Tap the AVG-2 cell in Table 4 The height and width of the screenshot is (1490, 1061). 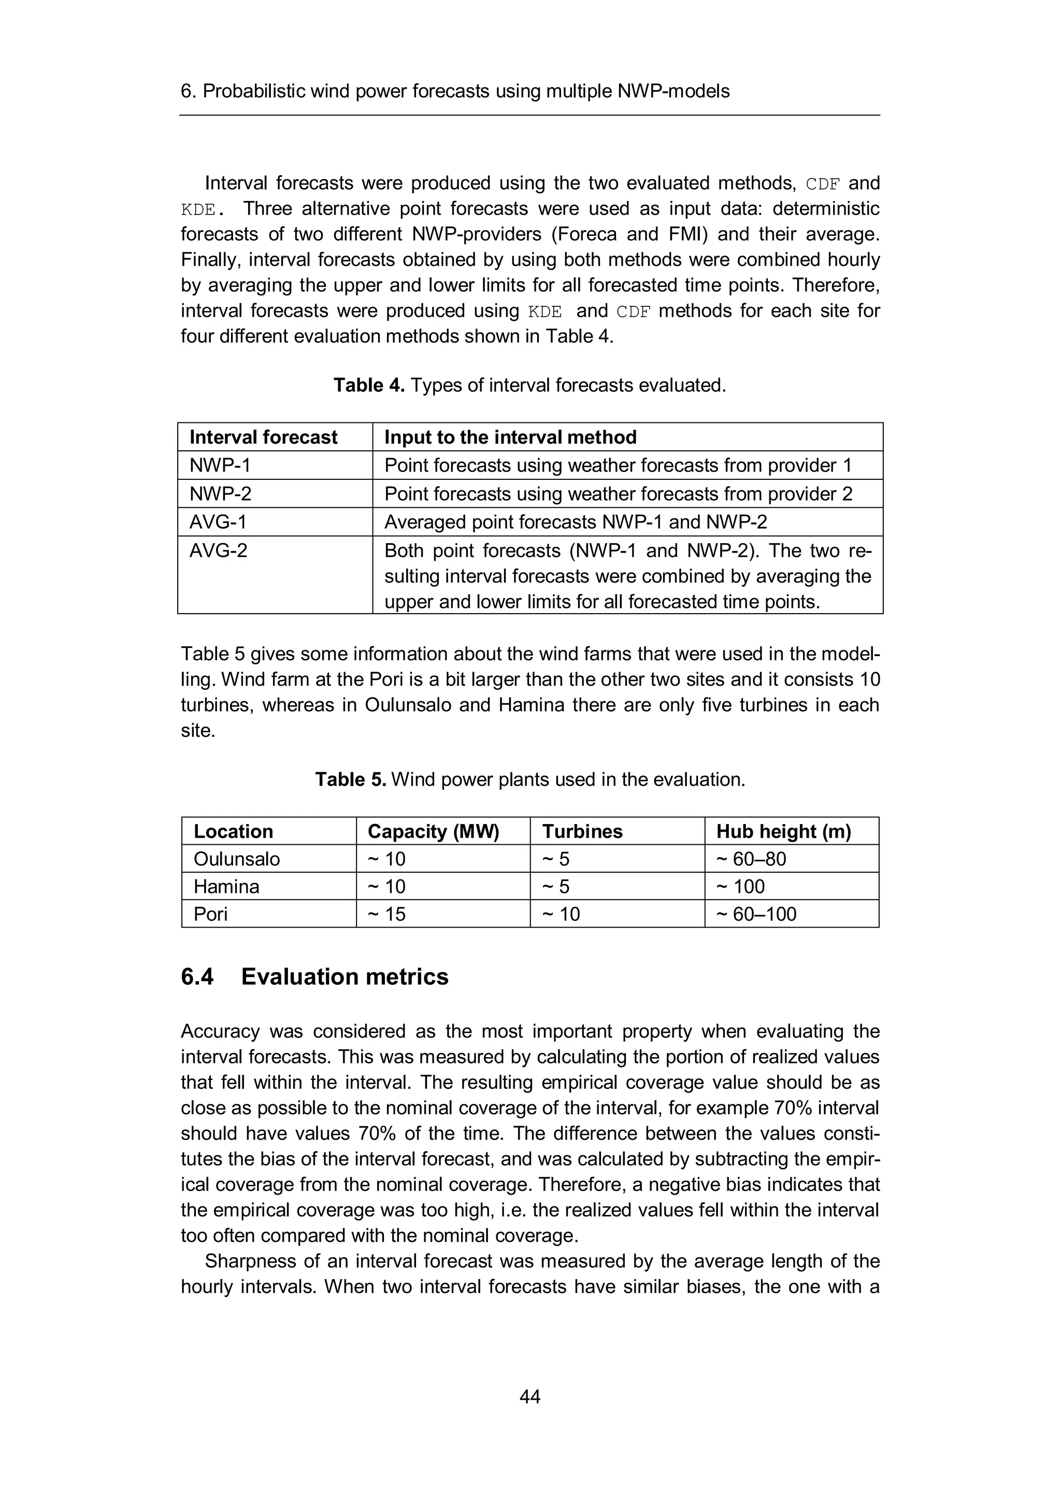tap(218, 550)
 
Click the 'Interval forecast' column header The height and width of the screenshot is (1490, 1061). tap(263, 437)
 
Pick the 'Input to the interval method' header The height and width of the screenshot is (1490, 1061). tap(510, 437)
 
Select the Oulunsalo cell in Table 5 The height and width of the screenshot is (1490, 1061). tap(237, 859)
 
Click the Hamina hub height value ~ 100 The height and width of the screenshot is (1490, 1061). tap(740, 886)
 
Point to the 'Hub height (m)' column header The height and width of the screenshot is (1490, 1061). tap(783, 831)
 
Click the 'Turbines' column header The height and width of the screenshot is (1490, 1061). tap(582, 831)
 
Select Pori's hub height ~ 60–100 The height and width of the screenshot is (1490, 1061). tap(756, 914)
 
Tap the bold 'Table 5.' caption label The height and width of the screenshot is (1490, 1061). tap(351, 779)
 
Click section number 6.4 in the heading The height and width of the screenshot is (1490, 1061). tap(197, 977)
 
